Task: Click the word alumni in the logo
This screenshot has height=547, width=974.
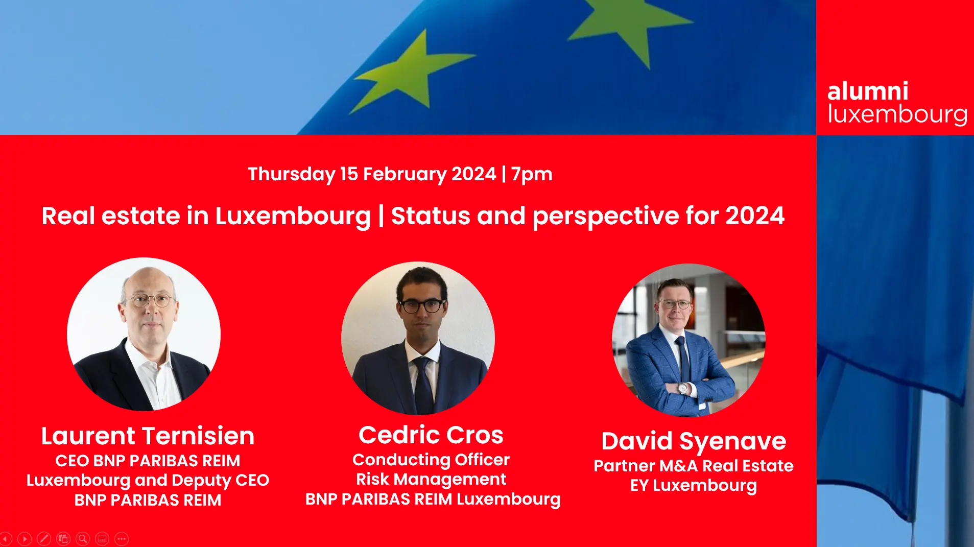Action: (867, 91)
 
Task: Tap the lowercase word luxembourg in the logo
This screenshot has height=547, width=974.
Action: (897, 114)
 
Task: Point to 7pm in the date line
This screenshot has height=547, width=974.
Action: (532, 175)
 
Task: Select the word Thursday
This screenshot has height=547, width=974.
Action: (291, 175)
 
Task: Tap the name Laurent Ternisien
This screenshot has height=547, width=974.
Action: (148, 436)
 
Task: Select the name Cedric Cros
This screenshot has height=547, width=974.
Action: (431, 435)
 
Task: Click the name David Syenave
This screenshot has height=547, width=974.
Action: (694, 441)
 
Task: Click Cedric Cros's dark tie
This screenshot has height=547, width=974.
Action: (424, 386)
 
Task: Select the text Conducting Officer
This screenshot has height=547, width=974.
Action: (431, 460)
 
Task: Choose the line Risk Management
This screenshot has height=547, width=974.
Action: (431, 479)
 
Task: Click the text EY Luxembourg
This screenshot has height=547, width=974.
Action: (694, 485)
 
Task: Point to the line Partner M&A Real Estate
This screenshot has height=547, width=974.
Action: (694, 466)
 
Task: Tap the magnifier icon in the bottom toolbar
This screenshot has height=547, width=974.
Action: (83, 538)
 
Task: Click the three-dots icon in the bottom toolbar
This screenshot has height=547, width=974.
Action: (122, 538)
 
